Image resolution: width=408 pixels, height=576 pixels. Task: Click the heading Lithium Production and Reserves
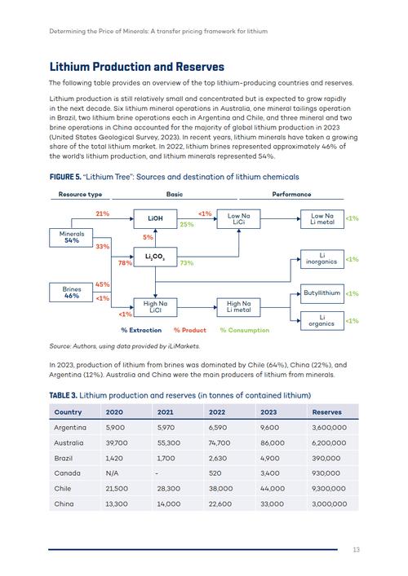coord(136,67)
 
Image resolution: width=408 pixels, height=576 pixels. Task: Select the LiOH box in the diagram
coord(155,218)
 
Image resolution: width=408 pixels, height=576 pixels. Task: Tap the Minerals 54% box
coord(72,237)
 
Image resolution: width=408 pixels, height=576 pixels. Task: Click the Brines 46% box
coord(72,292)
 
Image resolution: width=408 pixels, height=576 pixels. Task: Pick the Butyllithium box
coord(322,292)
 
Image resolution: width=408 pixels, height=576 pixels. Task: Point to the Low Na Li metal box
coord(322,218)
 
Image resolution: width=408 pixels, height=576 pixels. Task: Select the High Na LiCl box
coord(155,306)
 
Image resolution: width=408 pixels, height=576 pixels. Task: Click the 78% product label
coord(125,263)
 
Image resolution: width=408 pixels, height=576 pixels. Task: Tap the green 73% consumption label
coord(186,263)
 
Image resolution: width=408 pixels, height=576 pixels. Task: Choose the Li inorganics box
coord(322,258)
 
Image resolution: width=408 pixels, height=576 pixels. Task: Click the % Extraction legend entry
coord(141,330)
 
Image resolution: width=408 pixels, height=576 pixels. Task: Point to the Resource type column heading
coord(80,194)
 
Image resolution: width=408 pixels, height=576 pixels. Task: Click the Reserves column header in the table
coord(326,412)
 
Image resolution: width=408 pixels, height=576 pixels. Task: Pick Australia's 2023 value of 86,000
coord(273,442)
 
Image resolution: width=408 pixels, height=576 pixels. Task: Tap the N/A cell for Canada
coord(113,473)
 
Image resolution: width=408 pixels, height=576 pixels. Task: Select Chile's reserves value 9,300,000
coord(330,489)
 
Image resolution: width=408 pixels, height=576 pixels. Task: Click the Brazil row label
coord(64,458)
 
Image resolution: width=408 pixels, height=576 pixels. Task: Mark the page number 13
coord(356,550)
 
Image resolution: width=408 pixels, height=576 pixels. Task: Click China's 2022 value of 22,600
coord(220,504)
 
